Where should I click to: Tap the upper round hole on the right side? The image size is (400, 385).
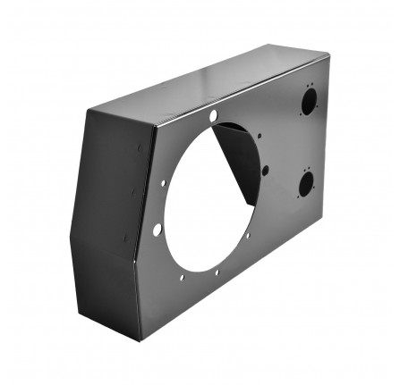point(308,103)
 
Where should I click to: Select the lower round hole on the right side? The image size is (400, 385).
point(306,184)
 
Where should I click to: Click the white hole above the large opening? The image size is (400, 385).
point(214,116)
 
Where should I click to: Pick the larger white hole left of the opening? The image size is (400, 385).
point(157,230)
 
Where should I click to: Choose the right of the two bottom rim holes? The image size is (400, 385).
point(217,272)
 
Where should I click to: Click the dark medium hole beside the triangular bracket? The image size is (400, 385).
point(266,171)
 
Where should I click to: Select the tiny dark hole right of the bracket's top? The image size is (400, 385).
point(260,137)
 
